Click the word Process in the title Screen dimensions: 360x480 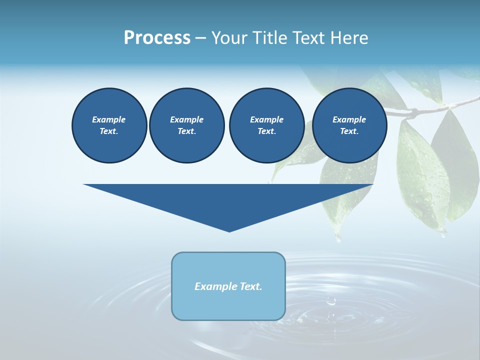(157, 38)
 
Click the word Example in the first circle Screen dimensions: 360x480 (109, 119)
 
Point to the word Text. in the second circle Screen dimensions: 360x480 (186, 131)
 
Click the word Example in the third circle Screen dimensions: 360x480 (266, 119)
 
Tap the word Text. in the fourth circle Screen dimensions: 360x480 (349, 131)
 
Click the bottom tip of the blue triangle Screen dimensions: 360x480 (229, 230)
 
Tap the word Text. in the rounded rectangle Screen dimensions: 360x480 (251, 286)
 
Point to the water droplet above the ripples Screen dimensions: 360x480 (330, 301)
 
